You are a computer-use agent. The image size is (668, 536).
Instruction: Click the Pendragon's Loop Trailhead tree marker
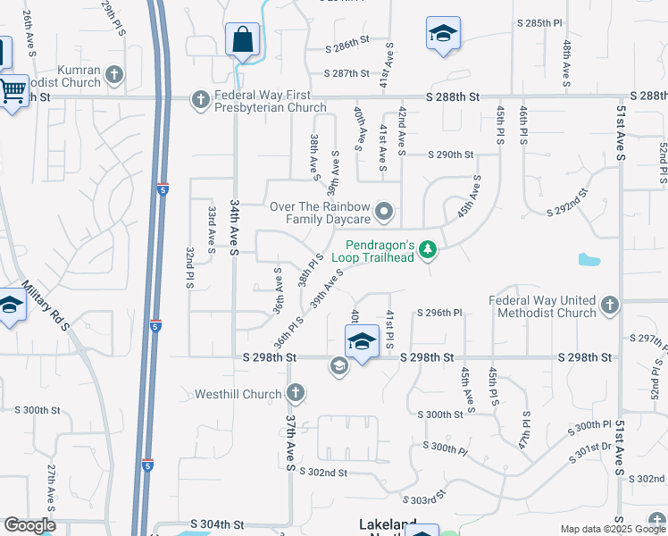(429, 248)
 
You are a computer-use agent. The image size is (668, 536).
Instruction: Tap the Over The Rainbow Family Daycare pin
(385, 212)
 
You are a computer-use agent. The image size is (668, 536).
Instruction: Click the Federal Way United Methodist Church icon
(610, 306)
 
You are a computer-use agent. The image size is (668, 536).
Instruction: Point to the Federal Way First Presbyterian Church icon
(202, 99)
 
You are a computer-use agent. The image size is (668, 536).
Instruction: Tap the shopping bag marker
(242, 40)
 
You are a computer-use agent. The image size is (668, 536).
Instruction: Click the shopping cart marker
(13, 90)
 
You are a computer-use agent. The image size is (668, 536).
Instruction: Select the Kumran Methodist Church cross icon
(114, 75)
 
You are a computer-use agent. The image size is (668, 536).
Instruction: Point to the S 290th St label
(450, 155)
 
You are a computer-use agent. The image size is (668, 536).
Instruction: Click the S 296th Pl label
(439, 313)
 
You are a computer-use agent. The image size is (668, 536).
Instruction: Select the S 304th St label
(215, 523)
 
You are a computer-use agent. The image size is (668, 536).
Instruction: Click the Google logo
(29, 524)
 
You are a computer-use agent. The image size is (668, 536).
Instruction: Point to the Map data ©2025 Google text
(613, 528)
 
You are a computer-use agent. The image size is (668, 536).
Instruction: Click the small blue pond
(589, 260)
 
